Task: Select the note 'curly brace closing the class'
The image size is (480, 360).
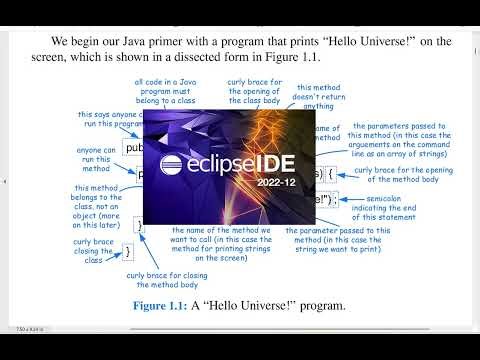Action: pyautogui.click(x=93, y=250)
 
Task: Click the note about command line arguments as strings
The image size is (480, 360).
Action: pyautogui.click(x=403, y=137)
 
